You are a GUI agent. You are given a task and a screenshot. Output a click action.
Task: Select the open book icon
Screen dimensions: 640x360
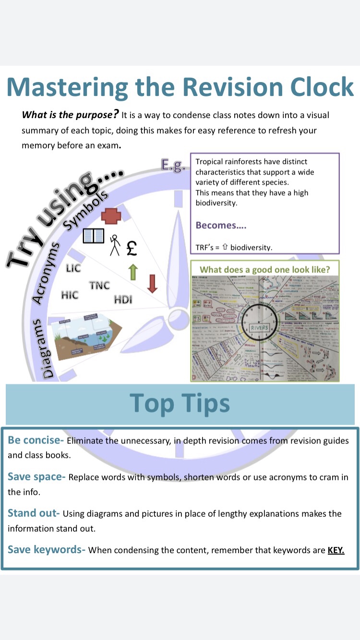(x=94, y=236)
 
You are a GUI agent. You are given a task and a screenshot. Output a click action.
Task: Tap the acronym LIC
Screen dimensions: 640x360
(x=73, y=268)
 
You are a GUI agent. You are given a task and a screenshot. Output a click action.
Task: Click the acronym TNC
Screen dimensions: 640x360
(x=99, y=285)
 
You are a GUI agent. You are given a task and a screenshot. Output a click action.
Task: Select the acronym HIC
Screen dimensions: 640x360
(x=70, y=295)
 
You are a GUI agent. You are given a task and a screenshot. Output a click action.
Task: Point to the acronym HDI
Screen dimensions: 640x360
(x=123, y=300)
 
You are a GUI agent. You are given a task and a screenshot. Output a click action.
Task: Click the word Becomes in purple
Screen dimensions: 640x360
(x=216, y=225)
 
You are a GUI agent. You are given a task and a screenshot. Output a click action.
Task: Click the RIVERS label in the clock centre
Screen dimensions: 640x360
(x=260, y=328)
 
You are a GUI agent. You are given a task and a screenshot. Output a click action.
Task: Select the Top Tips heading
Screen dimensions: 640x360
(x=180, y=403)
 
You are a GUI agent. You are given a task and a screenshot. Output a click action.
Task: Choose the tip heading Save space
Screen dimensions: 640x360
(x=36, y=477)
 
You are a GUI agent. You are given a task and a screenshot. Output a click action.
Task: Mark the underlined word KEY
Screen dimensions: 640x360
(x=336, y=550)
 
